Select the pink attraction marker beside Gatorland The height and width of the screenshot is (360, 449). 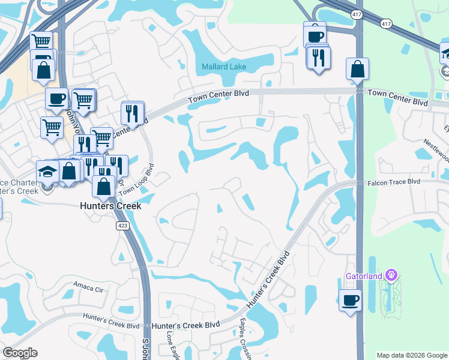(x=391, y=275)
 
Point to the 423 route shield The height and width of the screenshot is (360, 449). (x=122, y=226)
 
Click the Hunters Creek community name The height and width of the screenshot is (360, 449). (x=110, y=206)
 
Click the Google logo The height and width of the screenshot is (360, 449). (x=20, y=353)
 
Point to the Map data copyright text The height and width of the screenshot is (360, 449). (x=411, y=355)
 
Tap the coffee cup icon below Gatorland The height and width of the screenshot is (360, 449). (x=349, y=299)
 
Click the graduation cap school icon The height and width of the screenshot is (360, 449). (x=47, y=171)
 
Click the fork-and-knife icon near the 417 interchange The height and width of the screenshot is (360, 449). (x=318, y=57)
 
